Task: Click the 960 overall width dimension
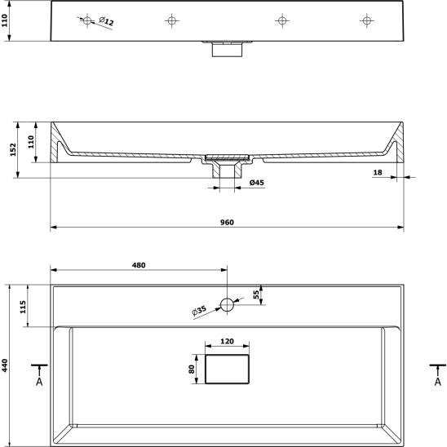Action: pyautogui.click(x=227, y=223)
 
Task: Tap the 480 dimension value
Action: pyautogui.click(x=139, y=265)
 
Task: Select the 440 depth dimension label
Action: pyautogui.click(x=5, y=365)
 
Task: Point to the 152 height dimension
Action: pyautogui.click(x=13, y=149)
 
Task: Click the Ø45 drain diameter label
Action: pyautogui.click(x=257, y=183)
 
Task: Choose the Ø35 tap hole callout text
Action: pyautogui.click(x=199, y=311)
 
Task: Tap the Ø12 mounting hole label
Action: pyautogui.click(x=106, y=21)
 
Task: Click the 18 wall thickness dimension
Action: pyautogui.click(x=378, y=172)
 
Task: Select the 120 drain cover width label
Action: pyautogui.click(x=227, y=341)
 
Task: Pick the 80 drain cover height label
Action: pyautogui.click(x=192, y=370)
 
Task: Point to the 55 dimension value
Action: pyautogui.click(x=256, y=294)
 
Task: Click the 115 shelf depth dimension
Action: pyautogui.click(x=23, y=307)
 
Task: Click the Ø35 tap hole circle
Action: pyautogui.click(x=228, y=305)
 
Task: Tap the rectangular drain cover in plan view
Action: pyautogui.click(x=227, y=370)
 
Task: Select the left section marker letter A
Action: pyautogui.click(x=39, y=382)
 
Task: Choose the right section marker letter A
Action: pyautogui.click(x=438, y=382)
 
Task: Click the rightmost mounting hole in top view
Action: pyautogui.click(x=366, y=20)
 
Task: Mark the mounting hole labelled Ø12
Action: pyautogui.click(x=87, y=20)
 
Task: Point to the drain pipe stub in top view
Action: pyautogui.click(x=227, y=49)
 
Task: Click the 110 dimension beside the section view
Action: pyautogui.click(x=31, y=142)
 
